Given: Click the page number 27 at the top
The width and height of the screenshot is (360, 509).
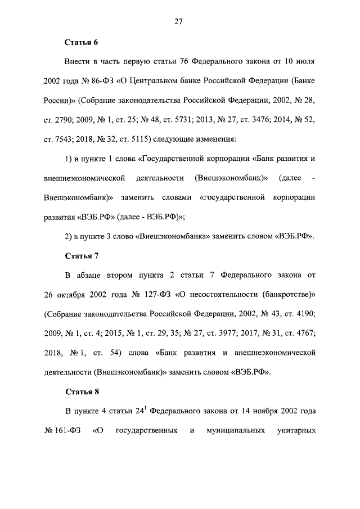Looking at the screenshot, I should [x=179, y=22].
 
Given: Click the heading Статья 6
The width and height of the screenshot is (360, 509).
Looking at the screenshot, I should [x=82, y=42].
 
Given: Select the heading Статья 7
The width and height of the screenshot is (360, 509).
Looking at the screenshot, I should [x=82, y=256].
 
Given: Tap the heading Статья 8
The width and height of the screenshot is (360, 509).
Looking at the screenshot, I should [x=82, y=392].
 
